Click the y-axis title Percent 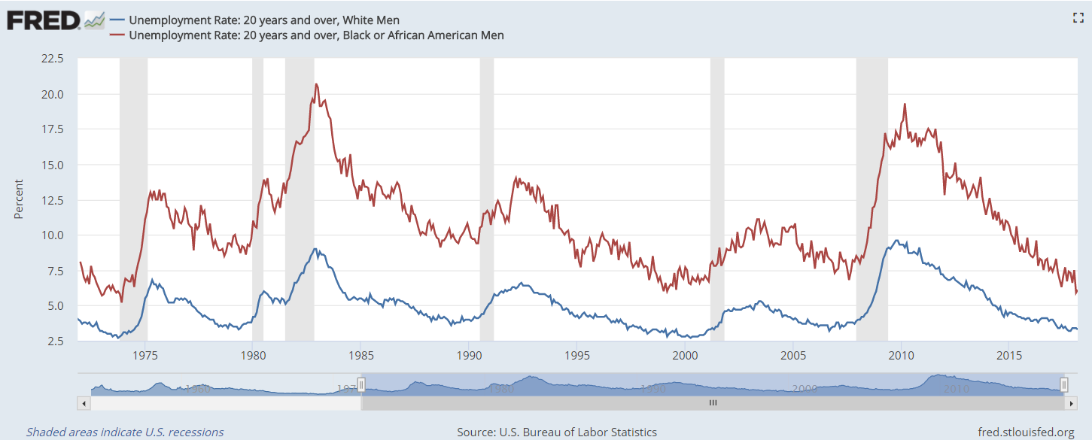point(19,199)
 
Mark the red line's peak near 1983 point(316,84)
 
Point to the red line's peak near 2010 point(904,105)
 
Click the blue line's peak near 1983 point(315,249)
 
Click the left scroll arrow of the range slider point(84,403)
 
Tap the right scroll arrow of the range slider point(1070,403)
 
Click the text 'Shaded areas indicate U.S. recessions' point(125,432)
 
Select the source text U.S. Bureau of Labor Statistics point(578,432)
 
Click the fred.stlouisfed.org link point(1026,432)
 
